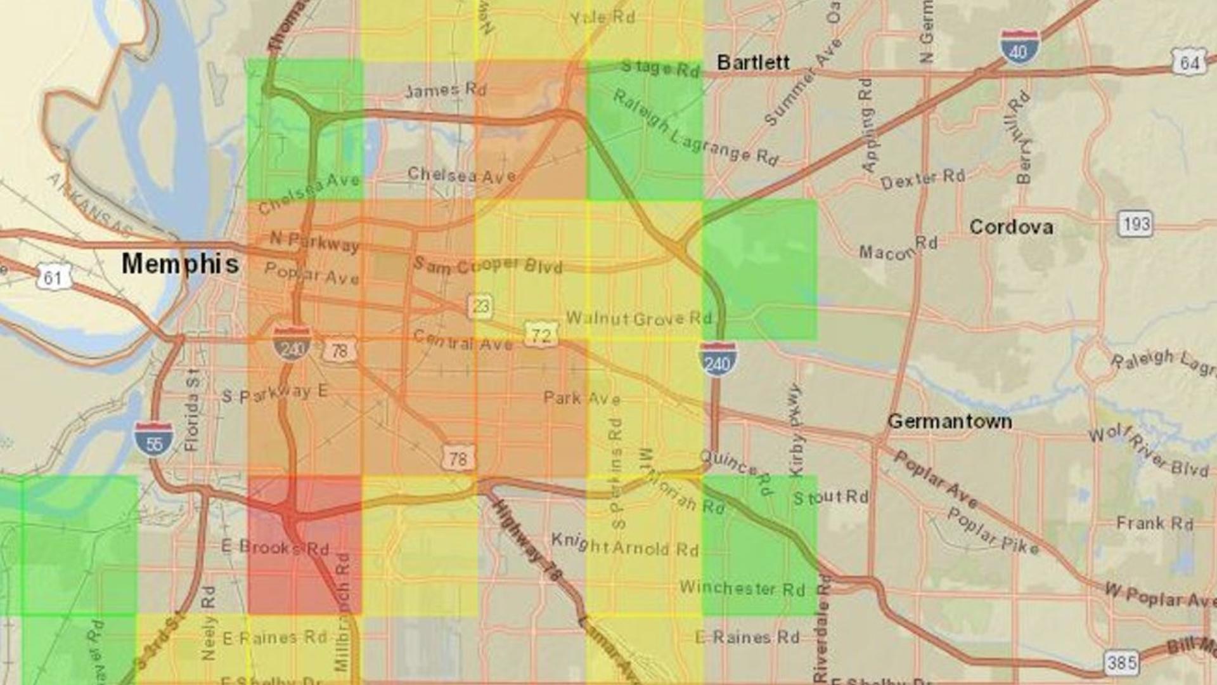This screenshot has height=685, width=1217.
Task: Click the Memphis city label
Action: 181,264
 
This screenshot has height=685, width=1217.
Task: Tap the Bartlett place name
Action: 753,62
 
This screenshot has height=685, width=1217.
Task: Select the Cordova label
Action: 1011,227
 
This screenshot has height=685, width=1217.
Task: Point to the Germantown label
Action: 950,421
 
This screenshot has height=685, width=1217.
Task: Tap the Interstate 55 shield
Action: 154,440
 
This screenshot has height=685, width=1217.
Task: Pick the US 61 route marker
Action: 53,278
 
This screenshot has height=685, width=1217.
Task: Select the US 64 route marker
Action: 1188,62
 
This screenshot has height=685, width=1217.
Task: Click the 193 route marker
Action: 1135,224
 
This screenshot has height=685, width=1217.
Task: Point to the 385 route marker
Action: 1121,663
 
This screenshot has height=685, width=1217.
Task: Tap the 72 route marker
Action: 541,334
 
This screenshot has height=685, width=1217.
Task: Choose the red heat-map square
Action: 304,545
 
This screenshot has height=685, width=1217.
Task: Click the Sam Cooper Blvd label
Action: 487,265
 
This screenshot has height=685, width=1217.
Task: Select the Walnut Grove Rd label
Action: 639,318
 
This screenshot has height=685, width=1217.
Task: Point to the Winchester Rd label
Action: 742,588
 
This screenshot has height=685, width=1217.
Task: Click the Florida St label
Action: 191,409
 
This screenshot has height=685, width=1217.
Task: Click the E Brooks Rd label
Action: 274,547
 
